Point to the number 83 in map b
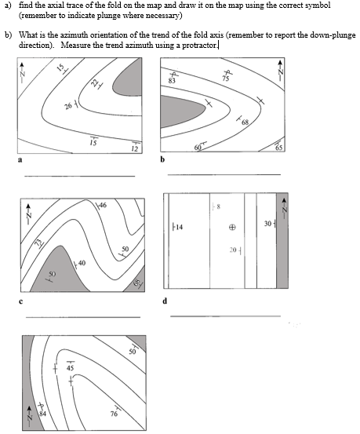(x=172, y=81)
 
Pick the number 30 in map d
(x=268, y=224)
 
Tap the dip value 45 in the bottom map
(x=69, y=367)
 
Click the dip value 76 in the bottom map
(x=115, y=414)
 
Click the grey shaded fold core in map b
(x=182, y=108)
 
